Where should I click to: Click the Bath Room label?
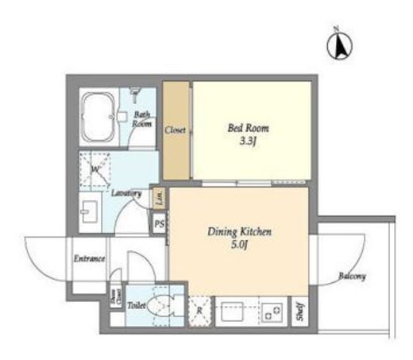pos(141,118)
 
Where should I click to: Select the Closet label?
pos(176,130)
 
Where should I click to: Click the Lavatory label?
pos(126,193)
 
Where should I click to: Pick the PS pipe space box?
pos(160,224)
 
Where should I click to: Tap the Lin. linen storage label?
pos(158,194)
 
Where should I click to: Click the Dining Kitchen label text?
pos(240,232)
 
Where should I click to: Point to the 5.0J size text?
pos(240,246)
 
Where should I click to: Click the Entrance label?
pos(90,258)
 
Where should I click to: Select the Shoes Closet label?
pos(115,298)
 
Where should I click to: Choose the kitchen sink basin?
pos(234,310)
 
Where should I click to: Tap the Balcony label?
pos(352,276)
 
